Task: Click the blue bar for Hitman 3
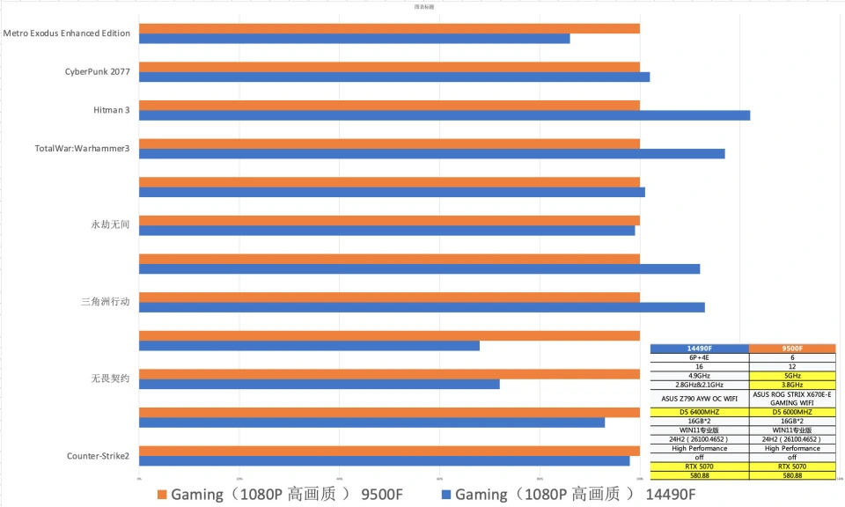pos(445,115)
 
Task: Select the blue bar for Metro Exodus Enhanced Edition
pos(355,39)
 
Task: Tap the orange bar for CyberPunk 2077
pos(389,67)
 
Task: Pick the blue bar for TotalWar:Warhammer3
pos(432,154)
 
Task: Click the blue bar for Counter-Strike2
pos(385,460)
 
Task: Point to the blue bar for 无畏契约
pos(320,384)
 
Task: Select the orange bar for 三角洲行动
pos(389,297)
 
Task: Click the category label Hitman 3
pos(112,110)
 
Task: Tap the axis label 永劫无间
pos(111,225)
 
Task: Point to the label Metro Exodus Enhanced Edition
pos(67,33)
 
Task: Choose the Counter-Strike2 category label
pos(99,455)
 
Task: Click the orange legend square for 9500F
pos(162,494)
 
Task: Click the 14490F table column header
pos(699,348)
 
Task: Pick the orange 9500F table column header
pos(791,348)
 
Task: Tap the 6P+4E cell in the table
pos(699,357)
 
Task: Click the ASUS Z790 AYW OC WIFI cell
pos(699,398)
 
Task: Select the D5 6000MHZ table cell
pos(791,412)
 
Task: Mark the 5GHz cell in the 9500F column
pos(791,375)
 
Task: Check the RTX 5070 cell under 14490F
pos(699,467)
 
